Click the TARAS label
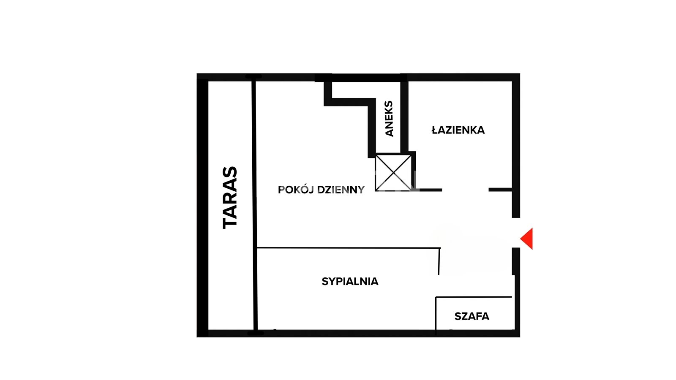click(230, 198)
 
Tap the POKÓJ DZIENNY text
click(322, 190)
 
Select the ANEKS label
click(389, 119)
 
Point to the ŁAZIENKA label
click(458, 130)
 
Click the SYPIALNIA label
click(350, 281)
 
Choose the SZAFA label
click(472, 316)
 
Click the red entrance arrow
click(526, 239)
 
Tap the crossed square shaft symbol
click(393, 173)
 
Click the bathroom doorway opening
click(465, 190)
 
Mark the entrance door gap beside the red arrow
click(516, 233)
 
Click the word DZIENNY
click(341, 190)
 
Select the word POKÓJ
click(296, 190)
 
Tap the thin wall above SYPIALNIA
click(349, 248)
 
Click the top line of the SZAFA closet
click(474, 297)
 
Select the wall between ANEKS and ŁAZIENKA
click(404, 117)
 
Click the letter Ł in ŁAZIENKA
click(435, 130)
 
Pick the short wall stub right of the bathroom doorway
click(500, 190)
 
